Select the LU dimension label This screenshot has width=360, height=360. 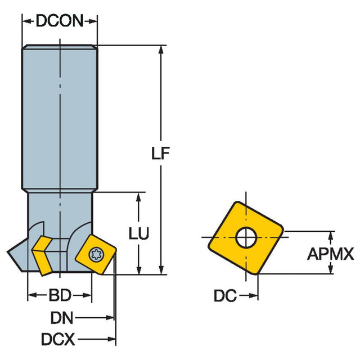pyautogui.click(x=138, y=234)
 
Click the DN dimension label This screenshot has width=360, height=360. pyautogui.click(x=62, y=318)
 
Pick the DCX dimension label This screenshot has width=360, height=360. pyautogui.click(x=59, y=339)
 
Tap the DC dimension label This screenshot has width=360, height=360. pyautogui.click(x=224, y=295)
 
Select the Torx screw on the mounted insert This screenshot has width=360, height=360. pyautogui.click(x=97, y=254)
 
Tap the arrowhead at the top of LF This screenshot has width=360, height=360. pyautogui.click(x=162, y=49)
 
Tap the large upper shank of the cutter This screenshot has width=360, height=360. pyautogui.click(x=60, y=118)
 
